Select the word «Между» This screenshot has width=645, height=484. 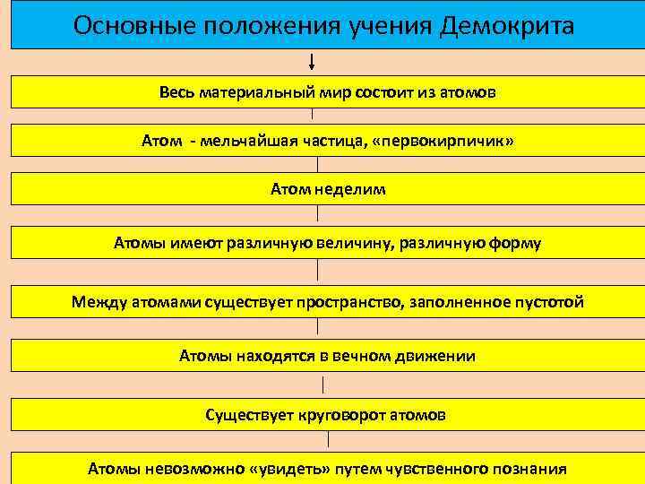99,302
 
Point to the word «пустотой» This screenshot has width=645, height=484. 545,302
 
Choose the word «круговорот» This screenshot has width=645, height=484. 347,415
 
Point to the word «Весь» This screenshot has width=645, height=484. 177,92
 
